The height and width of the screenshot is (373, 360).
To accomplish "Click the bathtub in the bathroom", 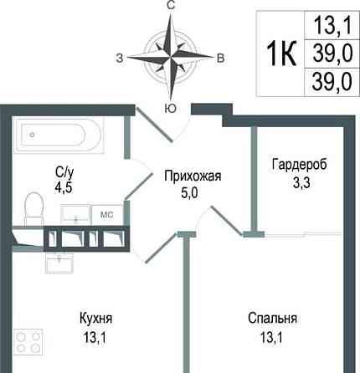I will click(56, 135).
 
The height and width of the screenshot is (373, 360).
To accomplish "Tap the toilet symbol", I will click(35, 205).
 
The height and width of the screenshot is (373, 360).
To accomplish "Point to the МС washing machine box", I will click(107, 214).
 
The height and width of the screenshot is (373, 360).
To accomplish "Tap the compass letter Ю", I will click(170, 108).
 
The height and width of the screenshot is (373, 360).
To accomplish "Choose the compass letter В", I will click(219, 58).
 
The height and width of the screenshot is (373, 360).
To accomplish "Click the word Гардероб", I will click(298, 163).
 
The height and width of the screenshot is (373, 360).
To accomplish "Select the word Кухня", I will click(96, 319).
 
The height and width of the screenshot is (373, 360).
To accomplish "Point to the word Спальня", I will click(273, 319).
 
